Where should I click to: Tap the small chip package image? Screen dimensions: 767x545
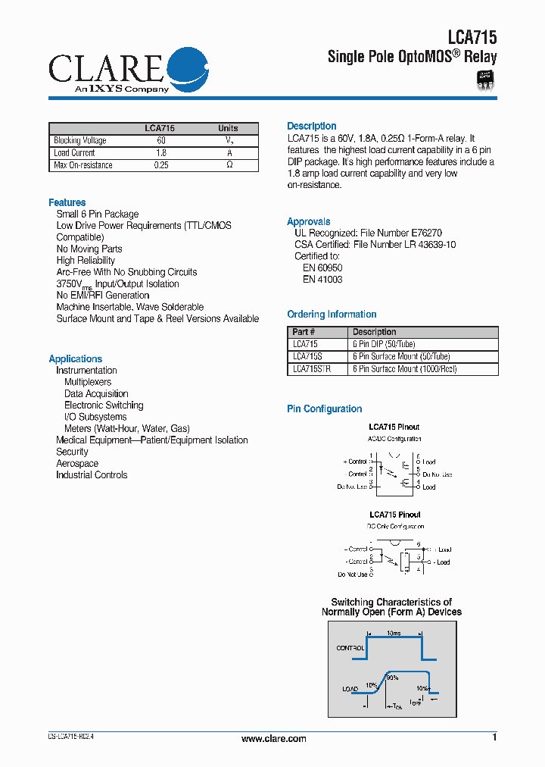tap(484, 80)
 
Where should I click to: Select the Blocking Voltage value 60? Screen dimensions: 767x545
tap(160, 140)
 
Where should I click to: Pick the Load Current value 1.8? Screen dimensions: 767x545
tap(160, 153)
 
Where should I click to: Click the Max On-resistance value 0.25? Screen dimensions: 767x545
tap(160, 165)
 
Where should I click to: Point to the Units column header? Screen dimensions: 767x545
tap(228, 128)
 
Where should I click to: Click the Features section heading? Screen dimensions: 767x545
tap(67, 202)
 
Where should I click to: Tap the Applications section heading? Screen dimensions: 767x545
tap(75, 358)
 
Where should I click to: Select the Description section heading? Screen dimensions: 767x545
tap(311, 126)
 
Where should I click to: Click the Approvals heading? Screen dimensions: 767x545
tap(308, 221)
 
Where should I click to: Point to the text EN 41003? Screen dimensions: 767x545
tap(322, 280)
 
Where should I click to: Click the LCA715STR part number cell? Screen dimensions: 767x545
tap(311, 369)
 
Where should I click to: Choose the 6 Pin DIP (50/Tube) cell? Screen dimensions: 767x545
tap(384, 344)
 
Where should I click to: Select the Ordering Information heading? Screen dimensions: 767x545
tap(332, 314)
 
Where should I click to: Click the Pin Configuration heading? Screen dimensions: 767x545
tap(324, 409)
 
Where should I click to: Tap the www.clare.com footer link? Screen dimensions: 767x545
tap(273, 739)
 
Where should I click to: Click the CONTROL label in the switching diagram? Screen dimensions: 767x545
tap(350, 648)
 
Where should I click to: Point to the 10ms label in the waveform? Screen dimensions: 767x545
tap(394, 632)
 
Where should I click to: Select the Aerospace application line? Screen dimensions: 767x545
tap(77, 463)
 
